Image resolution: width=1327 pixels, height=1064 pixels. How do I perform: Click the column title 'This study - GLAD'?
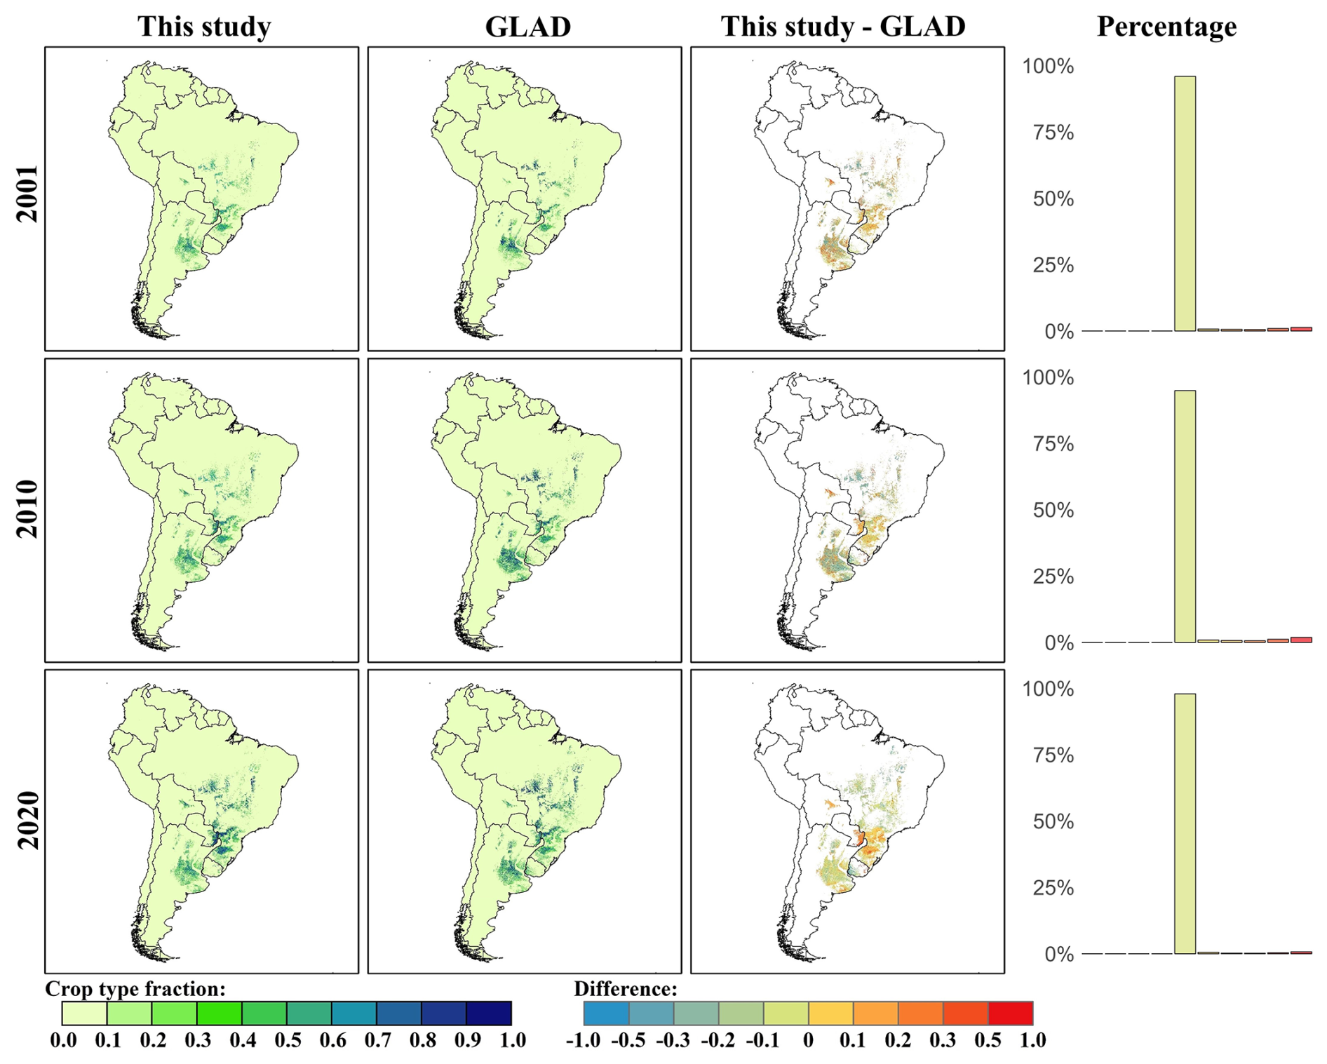click(x=843, y=27)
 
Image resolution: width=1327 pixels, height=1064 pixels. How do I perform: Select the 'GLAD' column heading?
click(x=528, y=27)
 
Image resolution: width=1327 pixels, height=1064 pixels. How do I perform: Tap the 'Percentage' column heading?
click(x=1166, y=27)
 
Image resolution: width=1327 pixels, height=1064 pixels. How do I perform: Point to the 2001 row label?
click(x=27, y=194)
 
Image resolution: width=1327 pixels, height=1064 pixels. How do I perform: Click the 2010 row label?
click(x=27, y=509)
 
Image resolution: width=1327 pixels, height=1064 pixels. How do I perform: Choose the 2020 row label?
click(x=27, y=821)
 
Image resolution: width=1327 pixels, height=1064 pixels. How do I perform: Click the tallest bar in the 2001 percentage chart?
click(x=1185, y=203)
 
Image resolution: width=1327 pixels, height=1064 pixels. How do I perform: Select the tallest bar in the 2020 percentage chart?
click(x=1185, y=823)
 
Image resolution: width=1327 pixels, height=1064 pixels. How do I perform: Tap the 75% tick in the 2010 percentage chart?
click(x=1053, y=444)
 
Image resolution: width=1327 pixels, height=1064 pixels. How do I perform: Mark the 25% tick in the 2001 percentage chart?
click(x=1053, y=265)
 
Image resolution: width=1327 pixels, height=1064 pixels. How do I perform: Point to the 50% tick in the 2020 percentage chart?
click(x=1053, y=821)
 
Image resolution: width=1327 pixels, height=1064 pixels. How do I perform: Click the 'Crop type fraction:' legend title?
click(x=135, y=989)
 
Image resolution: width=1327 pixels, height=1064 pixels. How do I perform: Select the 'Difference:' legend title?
click(x=626, y=989)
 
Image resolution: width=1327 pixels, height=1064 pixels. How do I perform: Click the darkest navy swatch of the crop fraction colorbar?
click(x=489, y=1014)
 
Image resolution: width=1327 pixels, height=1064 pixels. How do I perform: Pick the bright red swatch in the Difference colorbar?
click(x=1011, y=1014)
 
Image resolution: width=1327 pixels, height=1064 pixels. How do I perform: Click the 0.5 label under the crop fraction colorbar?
click(x=288, y=1040)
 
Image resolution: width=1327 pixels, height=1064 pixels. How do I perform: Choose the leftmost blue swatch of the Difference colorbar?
click(x=607, y=1014)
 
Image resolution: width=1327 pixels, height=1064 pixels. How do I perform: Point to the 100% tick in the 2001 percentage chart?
click(x=1048, y=67)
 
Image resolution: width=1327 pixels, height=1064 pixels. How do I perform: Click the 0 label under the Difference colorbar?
click(x=808, y=1040)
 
